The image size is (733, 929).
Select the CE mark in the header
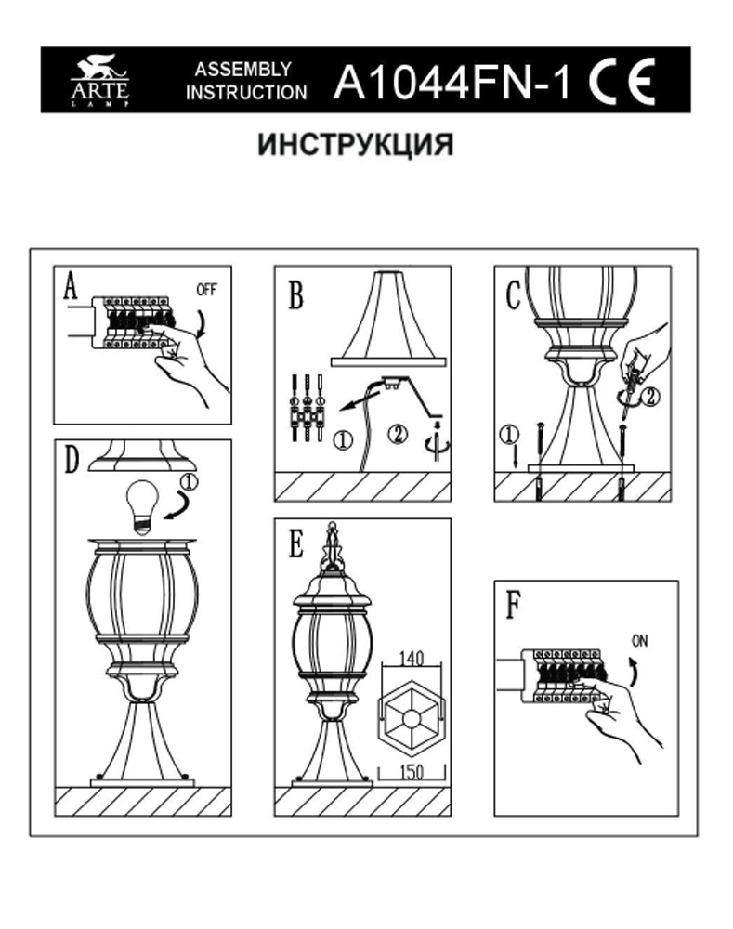click(x=622, y=82)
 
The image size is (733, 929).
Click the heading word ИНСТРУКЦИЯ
click(x=356, y=146)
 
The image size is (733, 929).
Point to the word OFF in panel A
click(x=206, y=289)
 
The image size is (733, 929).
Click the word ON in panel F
click(x=640, y=641)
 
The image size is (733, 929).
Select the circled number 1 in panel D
click(x=189, y=483)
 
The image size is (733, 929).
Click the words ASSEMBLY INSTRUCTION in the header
click(x=245, y=82)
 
